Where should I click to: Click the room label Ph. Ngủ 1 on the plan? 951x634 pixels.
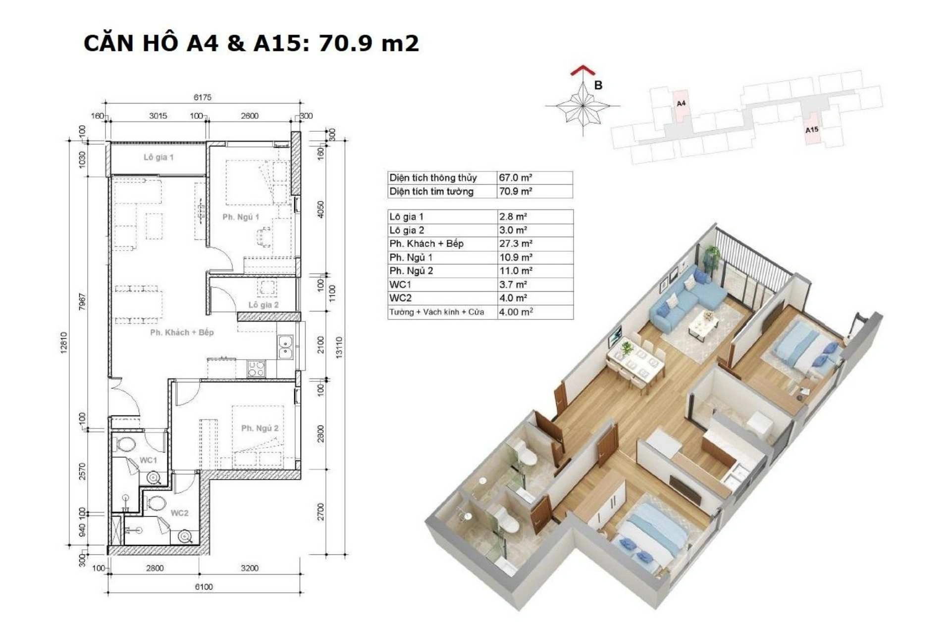pyautogui.click(x=241, y=217)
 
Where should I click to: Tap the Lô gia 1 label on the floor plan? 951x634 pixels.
pyautogui.click(x=158, y=157)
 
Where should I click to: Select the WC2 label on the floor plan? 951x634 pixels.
pyautogui.click(x=179, y=513)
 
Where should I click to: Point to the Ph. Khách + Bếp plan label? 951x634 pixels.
pyautogui.click(x=182, y=332)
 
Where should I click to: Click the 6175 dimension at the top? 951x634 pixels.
pyautogui.click(x=203, y=97)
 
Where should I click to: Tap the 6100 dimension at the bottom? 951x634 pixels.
pyautogui.click(x=204, y=587)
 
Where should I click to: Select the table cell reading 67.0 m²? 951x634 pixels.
pyautogui.click(x=516, y=177)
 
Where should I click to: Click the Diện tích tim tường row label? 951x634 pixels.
pyautogui.click(x=431, y=191)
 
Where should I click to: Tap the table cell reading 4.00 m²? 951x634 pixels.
pyautogui.click(x=516, y=312)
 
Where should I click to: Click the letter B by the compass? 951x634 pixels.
pyautogui.click(x=598, y=85)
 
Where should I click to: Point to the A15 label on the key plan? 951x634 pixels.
pyautogui.click(x=812, y=130)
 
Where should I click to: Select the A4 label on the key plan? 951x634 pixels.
pyautogui.click(x=681, y=104)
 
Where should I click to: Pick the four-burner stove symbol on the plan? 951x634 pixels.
pyautogui.click(x=256, y=369)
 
